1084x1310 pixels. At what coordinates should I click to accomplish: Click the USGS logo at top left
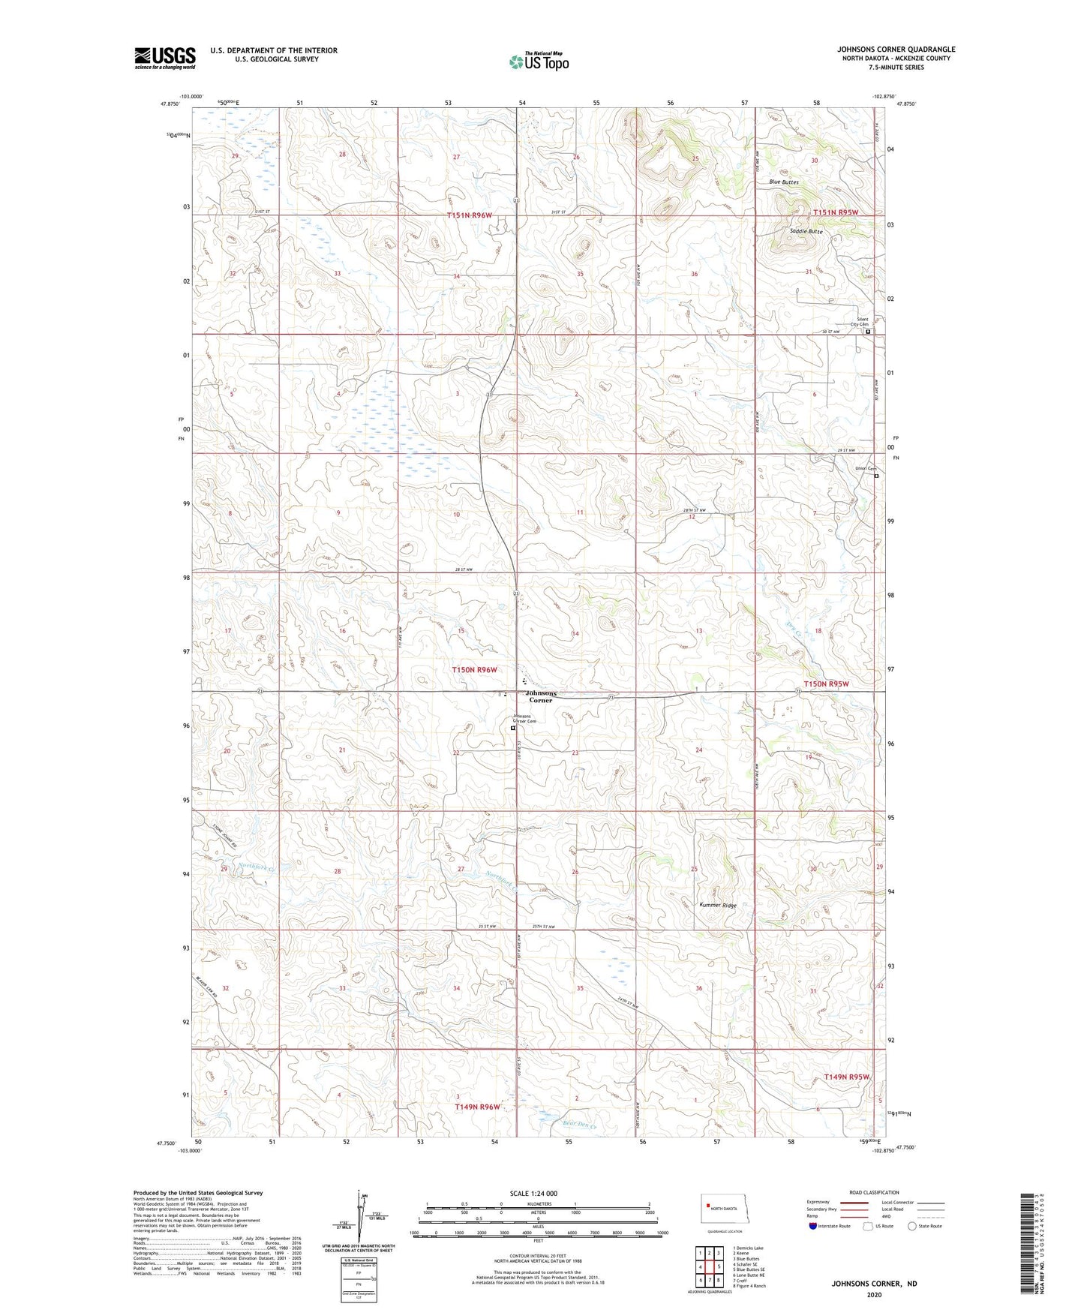[164, 58]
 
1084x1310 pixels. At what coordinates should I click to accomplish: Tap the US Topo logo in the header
[539, 62]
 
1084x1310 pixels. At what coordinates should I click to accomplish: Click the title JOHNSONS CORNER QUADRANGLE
[896, 50]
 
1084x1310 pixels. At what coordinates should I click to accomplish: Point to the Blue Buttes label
[784, 182]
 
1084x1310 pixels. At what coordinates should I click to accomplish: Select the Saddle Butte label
[806, 232]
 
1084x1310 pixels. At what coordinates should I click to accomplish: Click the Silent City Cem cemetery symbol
[869, 331]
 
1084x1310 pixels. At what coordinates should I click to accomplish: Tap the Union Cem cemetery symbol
[876, 475]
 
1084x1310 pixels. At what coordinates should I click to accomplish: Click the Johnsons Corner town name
[541, 696]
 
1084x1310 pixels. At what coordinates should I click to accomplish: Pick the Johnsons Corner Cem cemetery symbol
[514, 728]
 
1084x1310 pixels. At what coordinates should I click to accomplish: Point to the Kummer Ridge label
[718, 905]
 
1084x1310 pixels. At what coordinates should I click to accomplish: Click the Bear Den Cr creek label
[578, 1123]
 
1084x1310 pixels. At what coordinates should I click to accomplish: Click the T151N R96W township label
[470, 215]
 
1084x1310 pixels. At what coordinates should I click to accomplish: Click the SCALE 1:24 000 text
[533, 1193]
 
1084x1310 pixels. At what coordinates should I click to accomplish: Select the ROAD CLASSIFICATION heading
[874, 1192]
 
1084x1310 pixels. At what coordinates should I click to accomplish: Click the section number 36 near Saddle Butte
[694, 274]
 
